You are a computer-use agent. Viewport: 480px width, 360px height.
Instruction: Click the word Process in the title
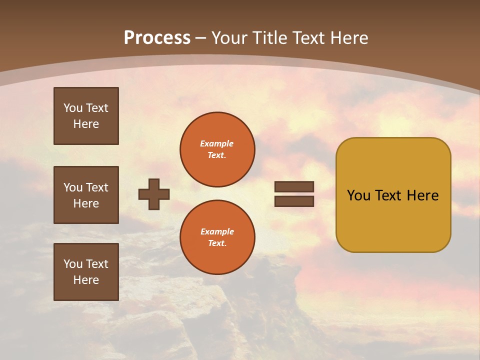(157, 38)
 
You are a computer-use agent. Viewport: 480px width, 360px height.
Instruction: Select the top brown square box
(86, 116)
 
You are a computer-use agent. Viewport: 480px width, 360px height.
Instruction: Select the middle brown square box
(86, 195)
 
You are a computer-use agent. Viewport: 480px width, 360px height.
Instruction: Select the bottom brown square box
(86, 272)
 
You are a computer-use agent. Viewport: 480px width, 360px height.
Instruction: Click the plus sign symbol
(154, 194)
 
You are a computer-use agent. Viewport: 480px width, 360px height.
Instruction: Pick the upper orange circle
(217, 149)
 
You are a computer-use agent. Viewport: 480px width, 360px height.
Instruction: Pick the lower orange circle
(217, 237)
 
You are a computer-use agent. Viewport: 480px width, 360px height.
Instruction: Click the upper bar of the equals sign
(294, 187)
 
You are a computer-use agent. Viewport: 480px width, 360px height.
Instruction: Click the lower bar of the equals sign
(294, 201)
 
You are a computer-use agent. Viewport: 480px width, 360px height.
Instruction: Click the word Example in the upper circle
(217, 144)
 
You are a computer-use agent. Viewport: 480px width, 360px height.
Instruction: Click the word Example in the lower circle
(217, 232)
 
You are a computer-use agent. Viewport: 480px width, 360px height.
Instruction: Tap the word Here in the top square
(86, 124)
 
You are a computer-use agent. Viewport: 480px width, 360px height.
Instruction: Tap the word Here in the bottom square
(86, 280)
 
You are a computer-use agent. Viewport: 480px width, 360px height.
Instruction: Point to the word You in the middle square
(73, 187)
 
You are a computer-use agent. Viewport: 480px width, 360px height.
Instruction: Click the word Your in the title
(229, 38)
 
